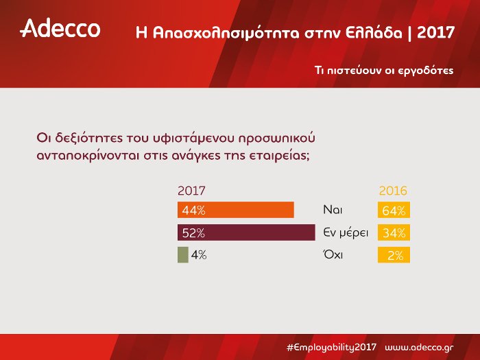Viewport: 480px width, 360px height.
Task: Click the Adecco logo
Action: coord(60,29)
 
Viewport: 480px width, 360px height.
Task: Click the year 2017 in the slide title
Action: coord(436,33)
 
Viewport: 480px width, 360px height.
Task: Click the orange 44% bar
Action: coord(235,210)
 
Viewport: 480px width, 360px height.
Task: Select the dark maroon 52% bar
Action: coord(243,232)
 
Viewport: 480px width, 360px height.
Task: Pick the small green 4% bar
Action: coord(182,254)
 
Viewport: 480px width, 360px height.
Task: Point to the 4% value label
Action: coord(199,255)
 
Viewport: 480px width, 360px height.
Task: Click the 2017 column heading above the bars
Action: coord(191,191)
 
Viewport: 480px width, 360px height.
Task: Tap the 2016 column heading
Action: coord(393,191)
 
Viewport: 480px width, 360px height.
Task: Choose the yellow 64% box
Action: coord(394,210)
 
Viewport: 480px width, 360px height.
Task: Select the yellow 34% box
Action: coord(394,232)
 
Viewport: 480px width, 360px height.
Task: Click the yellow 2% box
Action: coord(394,255)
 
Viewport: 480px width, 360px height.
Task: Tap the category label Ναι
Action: coord(333,210)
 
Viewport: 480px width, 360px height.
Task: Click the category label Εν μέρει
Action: coord(346,232)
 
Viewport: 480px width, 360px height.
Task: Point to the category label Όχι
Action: coord(333,254)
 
